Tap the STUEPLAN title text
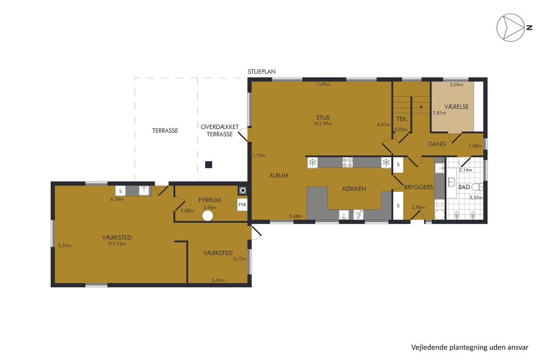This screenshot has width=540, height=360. [x=261, y=72]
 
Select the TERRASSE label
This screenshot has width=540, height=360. [x=165, y=130]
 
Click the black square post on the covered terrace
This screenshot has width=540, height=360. [x=208, y=165]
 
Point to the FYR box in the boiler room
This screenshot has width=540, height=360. [x=242, y=205]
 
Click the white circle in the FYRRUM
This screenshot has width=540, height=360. [x=207, y=216]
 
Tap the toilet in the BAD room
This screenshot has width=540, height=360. [x=477, y=187]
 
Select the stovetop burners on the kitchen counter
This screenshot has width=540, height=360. [x=347, y=162]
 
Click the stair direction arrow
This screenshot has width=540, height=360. [x=421, y=109]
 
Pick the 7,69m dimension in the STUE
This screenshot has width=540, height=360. [x=323, y=85]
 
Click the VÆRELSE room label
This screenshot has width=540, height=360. [x=457, y=107]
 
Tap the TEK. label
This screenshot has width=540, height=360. [x=402, y=119]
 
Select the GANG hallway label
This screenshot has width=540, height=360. [x=437, y=144]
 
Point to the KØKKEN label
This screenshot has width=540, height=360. [x=354, y=189]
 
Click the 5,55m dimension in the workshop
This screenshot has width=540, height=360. [x=65, y=246]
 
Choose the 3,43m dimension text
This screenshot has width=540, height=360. [x=218, y=280]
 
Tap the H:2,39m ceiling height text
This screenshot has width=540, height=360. [x=323, y=124]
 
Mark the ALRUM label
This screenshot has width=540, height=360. [x=279, y=175]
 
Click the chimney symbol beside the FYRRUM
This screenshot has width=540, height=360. [x=243, y=191]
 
